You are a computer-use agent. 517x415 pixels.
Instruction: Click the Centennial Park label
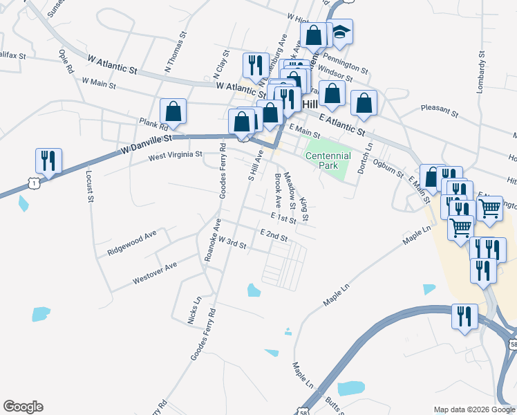(328, 161)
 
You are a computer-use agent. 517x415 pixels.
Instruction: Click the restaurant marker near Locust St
(48, 160)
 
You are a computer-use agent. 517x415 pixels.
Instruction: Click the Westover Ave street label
(155, 274)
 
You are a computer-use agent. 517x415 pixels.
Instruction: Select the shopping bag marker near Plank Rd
(173, 111)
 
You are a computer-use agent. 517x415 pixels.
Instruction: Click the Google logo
(23, 407)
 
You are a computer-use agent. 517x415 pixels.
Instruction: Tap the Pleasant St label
(440, 110)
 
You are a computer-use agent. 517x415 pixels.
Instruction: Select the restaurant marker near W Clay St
(256, 66)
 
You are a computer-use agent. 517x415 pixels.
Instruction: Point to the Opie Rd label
(66, 61)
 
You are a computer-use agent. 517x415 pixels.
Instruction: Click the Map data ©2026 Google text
(474, 409)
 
